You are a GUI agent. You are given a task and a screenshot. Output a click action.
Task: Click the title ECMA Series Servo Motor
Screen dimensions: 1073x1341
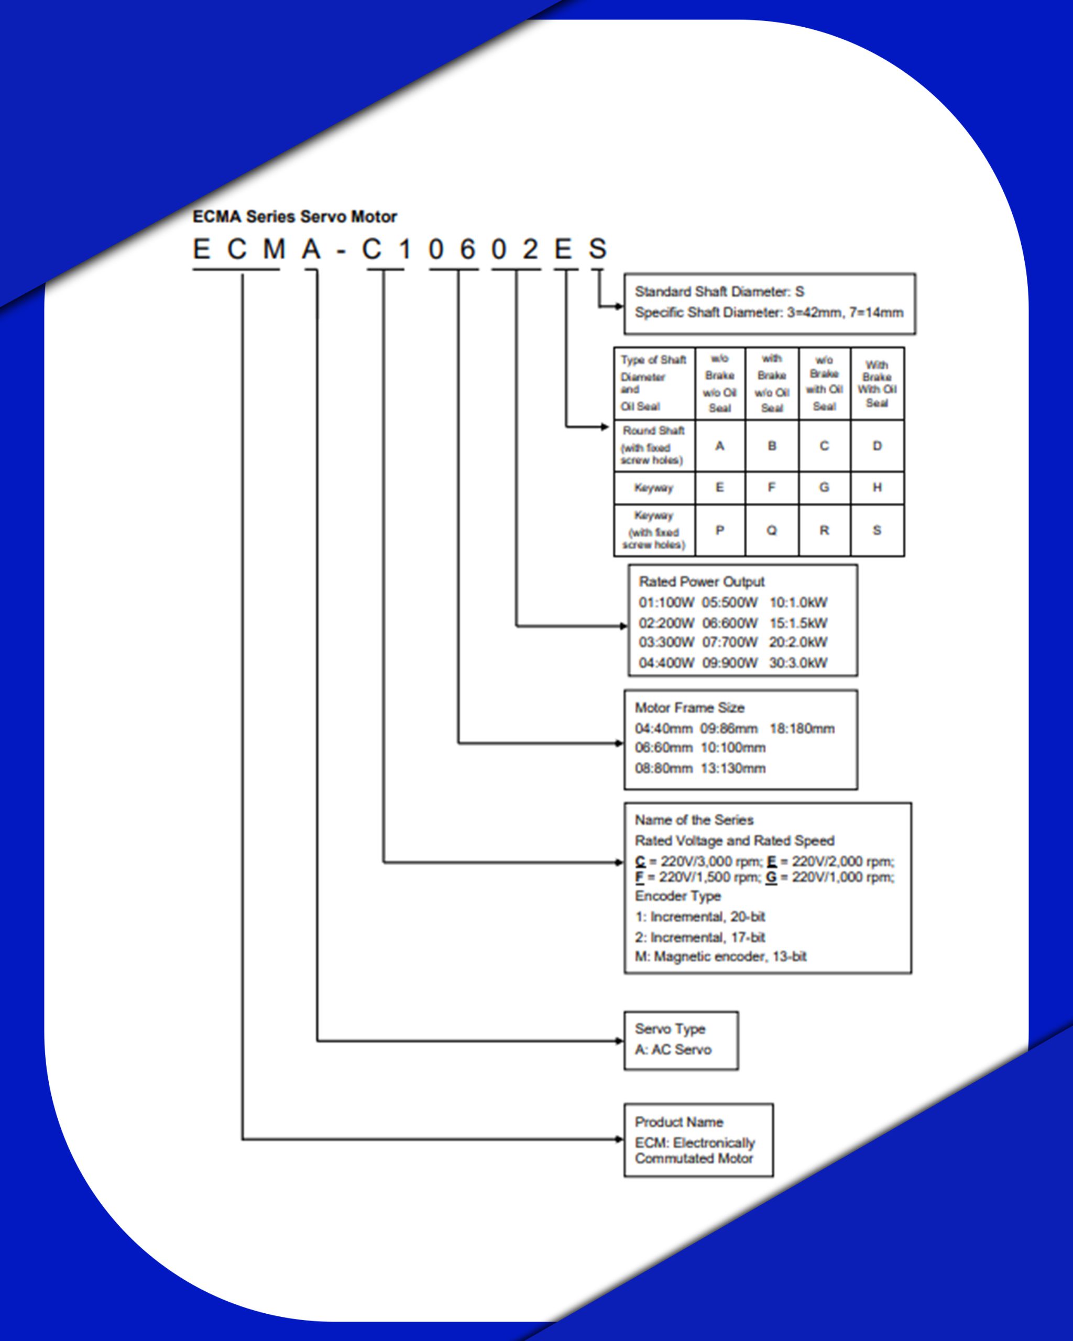point(294,216)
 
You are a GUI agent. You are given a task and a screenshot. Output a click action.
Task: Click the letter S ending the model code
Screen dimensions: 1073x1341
point(597,249)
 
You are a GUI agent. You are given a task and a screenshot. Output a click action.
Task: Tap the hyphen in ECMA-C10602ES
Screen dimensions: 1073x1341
point(340,252)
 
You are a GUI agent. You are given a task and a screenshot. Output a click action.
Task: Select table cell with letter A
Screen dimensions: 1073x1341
point(720,445)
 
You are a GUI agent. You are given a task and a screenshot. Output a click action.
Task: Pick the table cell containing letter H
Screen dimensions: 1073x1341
point(877,487)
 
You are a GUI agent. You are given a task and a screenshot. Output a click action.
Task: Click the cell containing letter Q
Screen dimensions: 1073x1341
point(771,530)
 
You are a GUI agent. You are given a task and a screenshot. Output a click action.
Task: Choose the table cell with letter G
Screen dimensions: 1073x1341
point(824,487)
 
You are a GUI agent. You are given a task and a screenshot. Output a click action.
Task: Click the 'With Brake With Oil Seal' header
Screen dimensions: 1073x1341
point(877,384)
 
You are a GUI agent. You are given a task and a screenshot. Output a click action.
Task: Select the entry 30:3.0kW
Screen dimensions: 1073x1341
point(798,663)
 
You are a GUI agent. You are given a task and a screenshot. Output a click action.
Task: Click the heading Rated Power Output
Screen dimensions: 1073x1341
point(702,581)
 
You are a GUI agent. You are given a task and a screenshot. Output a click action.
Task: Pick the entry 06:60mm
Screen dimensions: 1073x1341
point(663,748)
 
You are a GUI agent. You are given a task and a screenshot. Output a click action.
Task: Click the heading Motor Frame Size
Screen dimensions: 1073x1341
point(689,707)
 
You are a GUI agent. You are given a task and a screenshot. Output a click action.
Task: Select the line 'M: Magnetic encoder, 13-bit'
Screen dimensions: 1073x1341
point(720,956)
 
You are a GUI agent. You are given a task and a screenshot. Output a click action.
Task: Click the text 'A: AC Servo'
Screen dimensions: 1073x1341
point(673,1049)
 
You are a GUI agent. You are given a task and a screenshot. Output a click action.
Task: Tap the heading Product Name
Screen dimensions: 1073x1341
point(678,1122)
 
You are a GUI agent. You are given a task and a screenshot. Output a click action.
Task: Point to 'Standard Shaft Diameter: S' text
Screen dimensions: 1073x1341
point(719,291)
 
